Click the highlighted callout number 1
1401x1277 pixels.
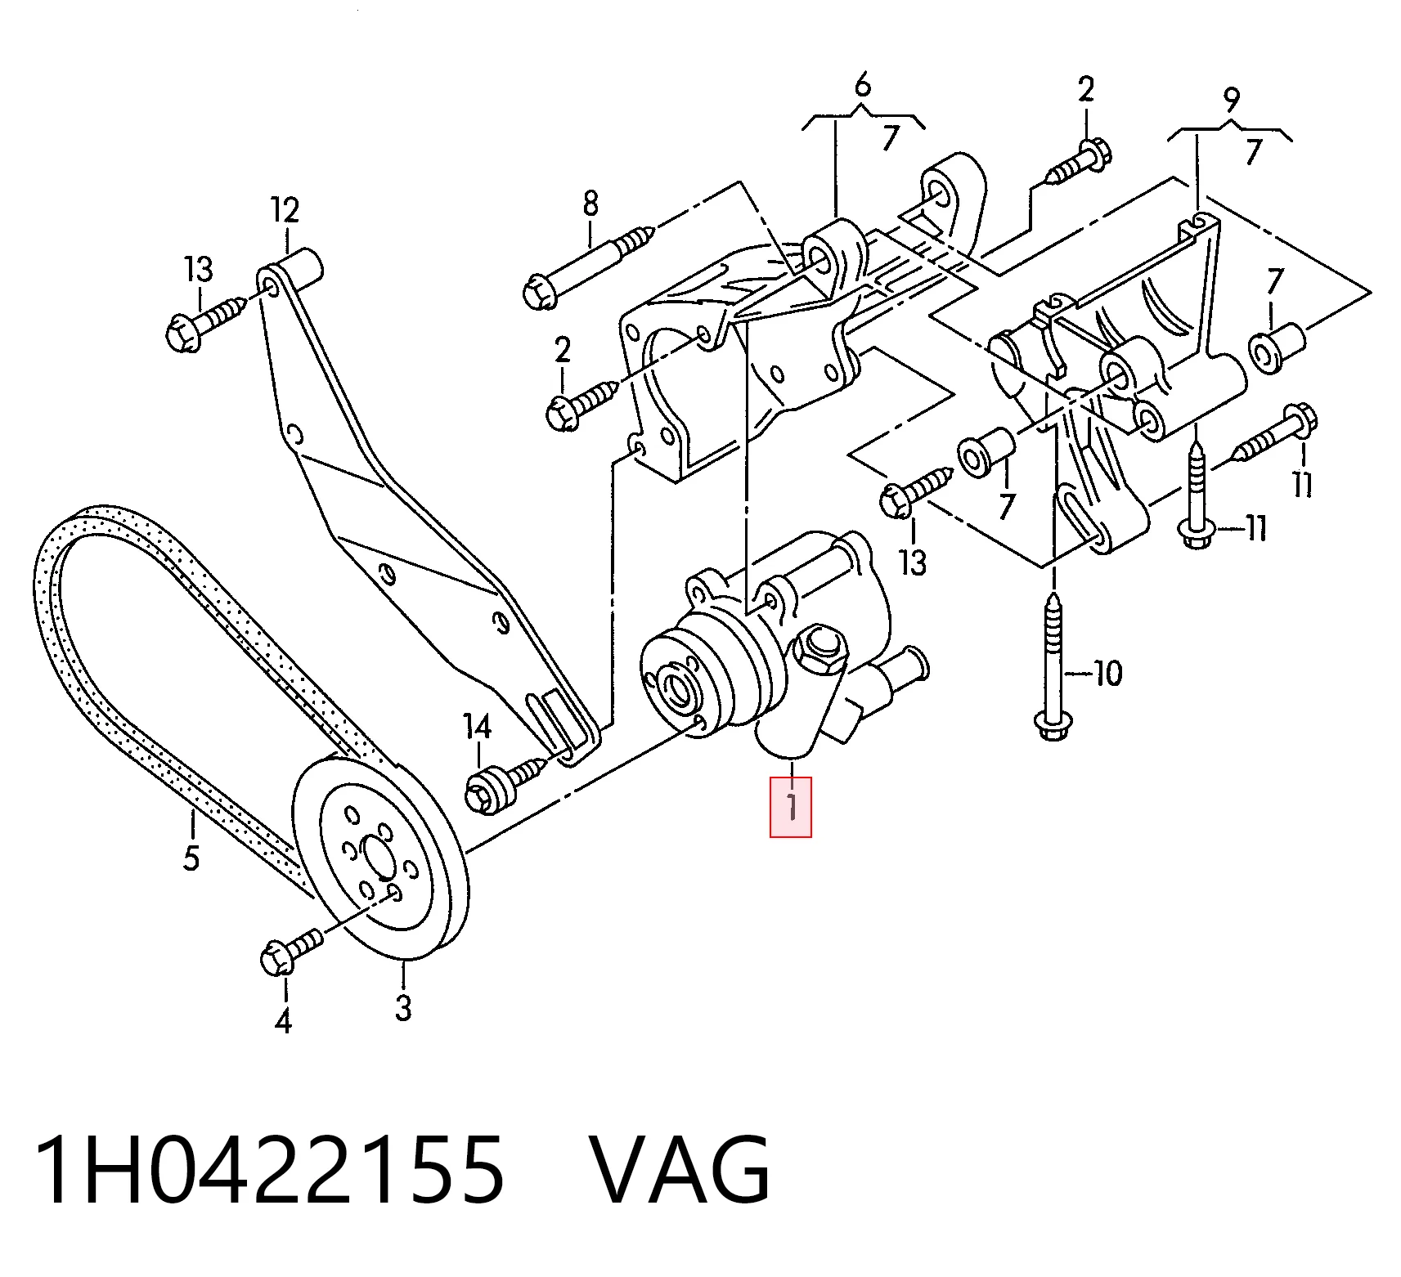tap(791, 807)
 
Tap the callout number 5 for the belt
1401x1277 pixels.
tap(191, 858)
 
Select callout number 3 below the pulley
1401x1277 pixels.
tap(403, 1006)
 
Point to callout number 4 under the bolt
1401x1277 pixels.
tap(283, 1021)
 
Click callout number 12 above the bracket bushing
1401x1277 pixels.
tap(285, 211)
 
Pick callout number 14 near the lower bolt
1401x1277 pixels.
tap(477, 726)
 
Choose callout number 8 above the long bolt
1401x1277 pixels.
tap(590, 204)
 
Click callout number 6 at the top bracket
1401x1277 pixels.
tap(863, 85)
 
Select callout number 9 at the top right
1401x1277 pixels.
tap(1231, 101)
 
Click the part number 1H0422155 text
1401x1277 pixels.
tap(269, 1170)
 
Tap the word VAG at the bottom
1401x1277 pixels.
tap(680, 1170)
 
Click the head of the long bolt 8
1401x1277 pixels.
tap(540, 292)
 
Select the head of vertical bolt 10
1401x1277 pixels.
tap(1053, 725)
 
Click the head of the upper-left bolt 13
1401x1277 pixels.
tap(182, 334)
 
